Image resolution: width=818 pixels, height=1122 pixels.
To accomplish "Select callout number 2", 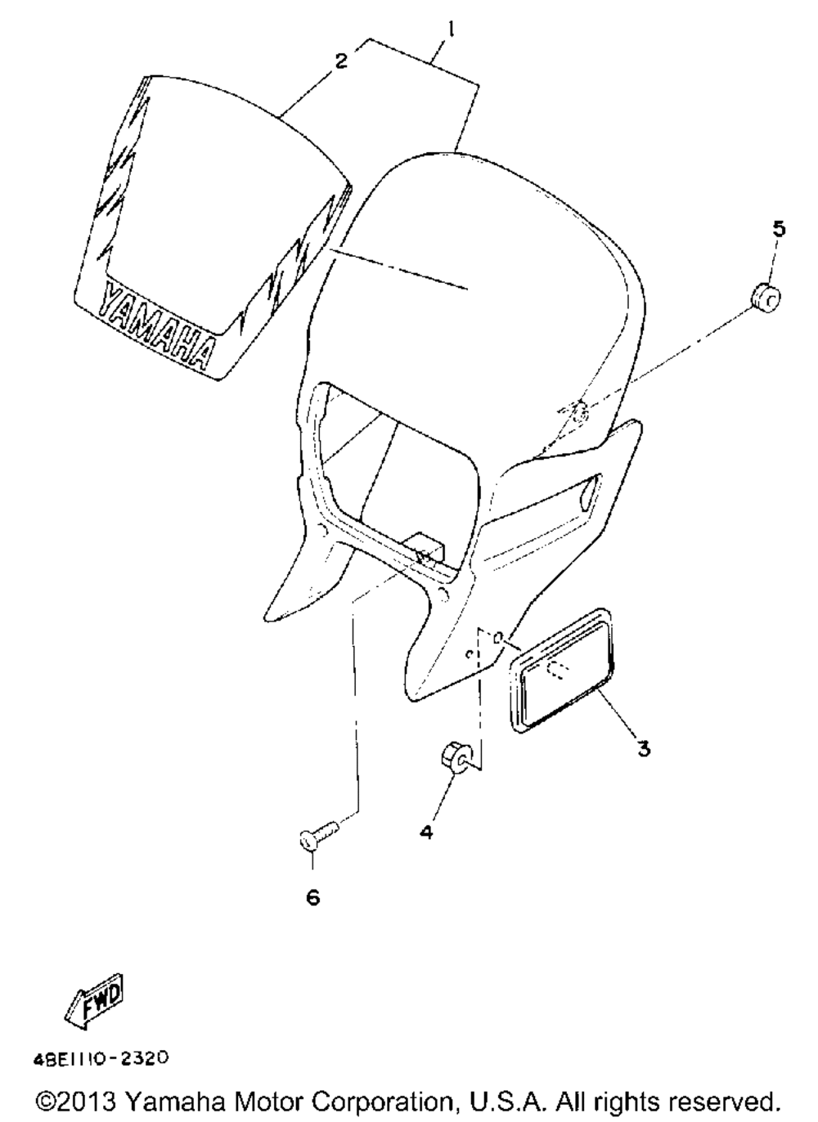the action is (340, 61).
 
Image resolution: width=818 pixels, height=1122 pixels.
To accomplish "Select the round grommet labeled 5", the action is (766, 297).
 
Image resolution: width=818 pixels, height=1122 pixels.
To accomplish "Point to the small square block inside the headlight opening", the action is (425, 547).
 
